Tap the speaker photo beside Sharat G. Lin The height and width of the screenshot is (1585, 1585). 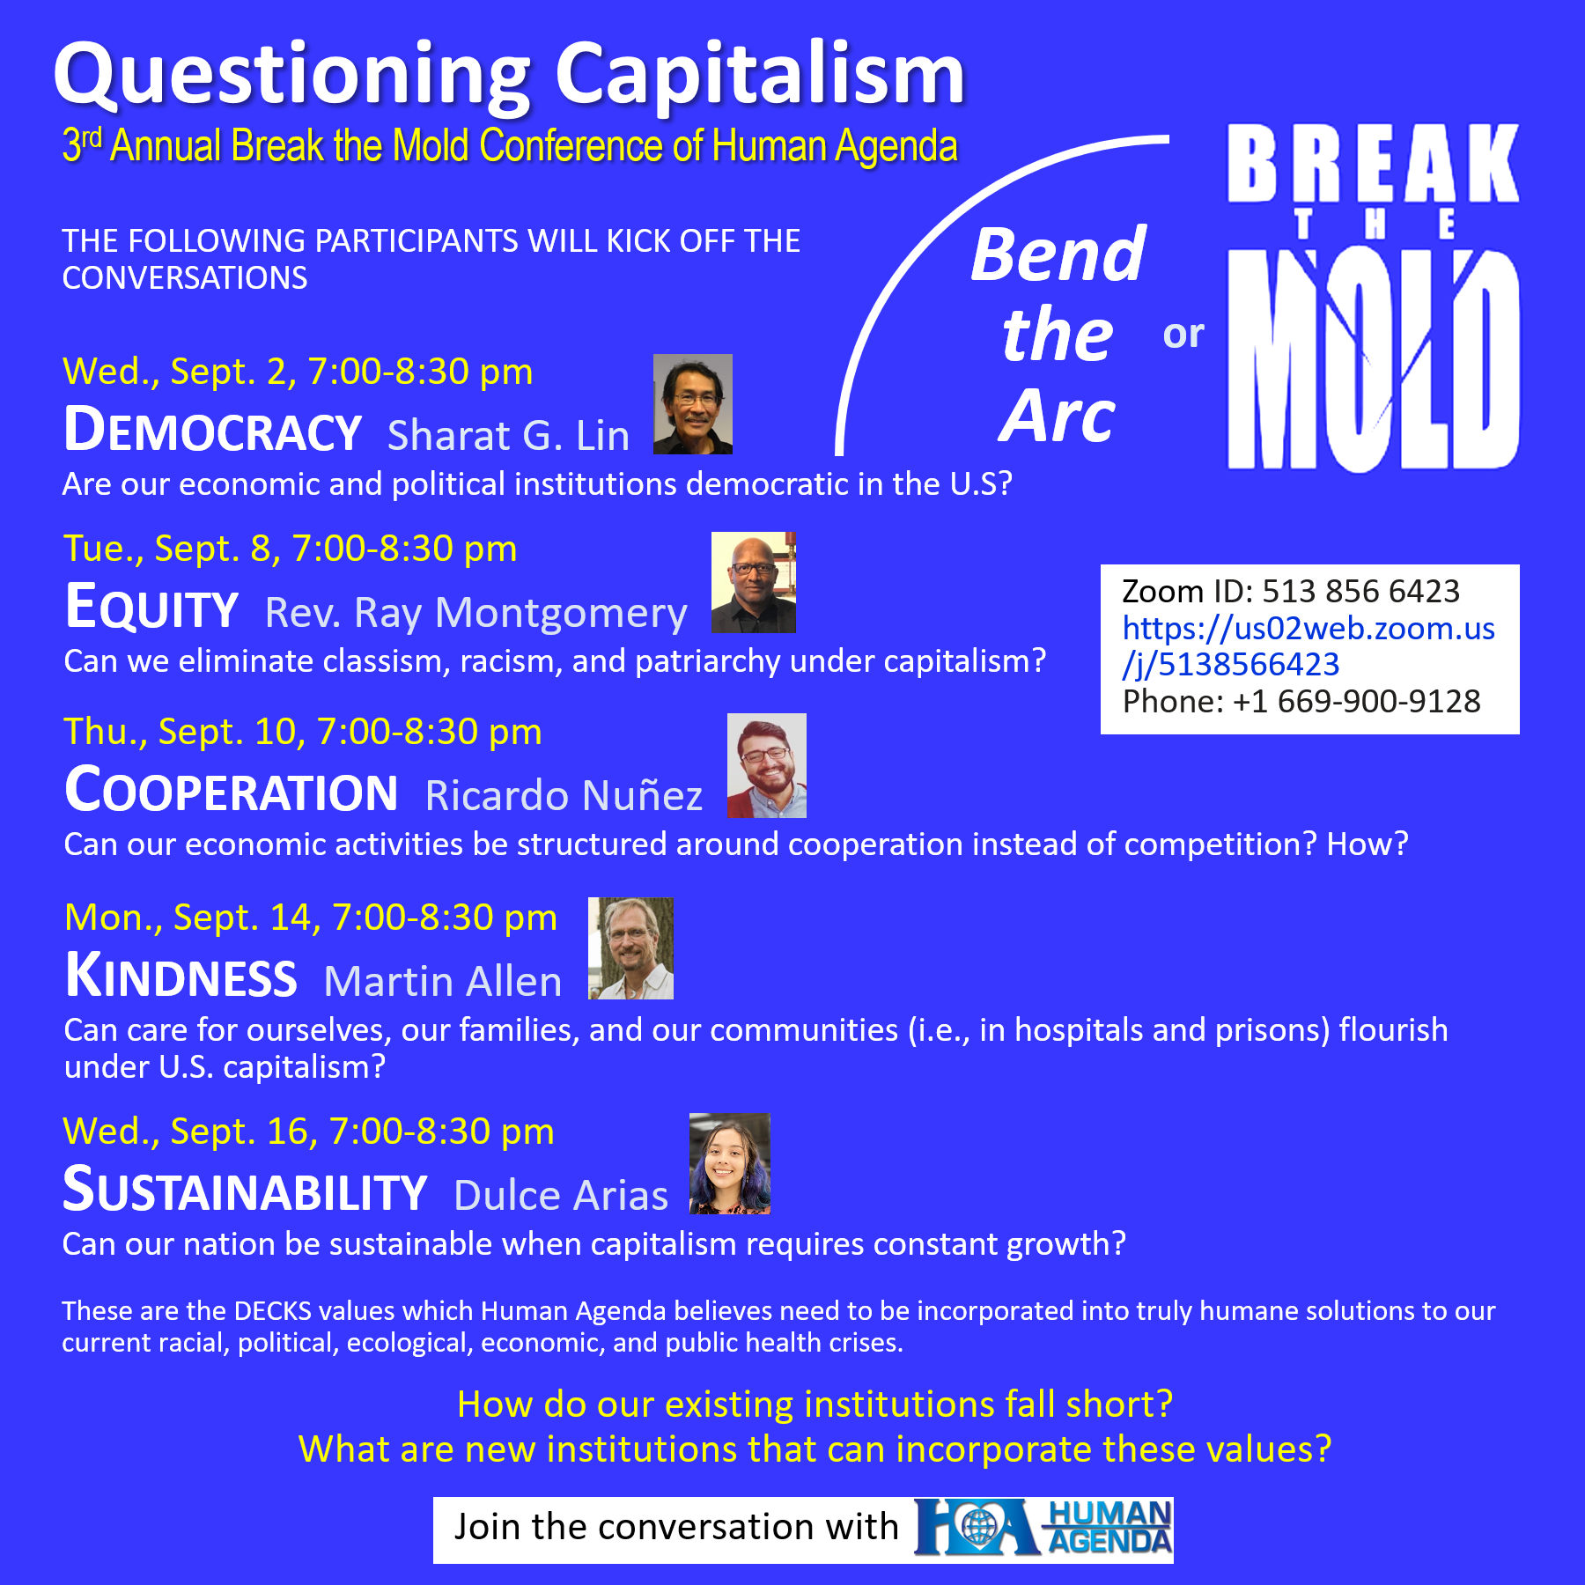pos(693,404)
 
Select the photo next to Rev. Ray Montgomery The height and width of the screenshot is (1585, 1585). pos(754,582)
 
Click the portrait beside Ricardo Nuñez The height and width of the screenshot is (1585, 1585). pos(767,765)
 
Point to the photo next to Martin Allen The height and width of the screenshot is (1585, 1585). pos(631,948)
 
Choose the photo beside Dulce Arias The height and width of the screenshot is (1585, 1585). pos(730,1163)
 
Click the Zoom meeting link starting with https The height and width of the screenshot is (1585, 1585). pos(1309,646)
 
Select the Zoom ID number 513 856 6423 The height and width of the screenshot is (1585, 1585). pos(1361,591)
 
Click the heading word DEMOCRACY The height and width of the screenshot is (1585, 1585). pos(213,431)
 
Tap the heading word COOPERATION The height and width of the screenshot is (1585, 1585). pos(232,790)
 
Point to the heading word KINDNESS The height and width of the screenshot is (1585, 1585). pos(181,976)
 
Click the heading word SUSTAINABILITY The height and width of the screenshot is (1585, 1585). pos(246,1191)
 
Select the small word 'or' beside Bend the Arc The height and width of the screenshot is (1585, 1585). pos(1183,335)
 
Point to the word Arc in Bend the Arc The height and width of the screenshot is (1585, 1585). pos(1058,416)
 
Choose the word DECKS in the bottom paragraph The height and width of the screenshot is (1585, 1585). pos(273,1311)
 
